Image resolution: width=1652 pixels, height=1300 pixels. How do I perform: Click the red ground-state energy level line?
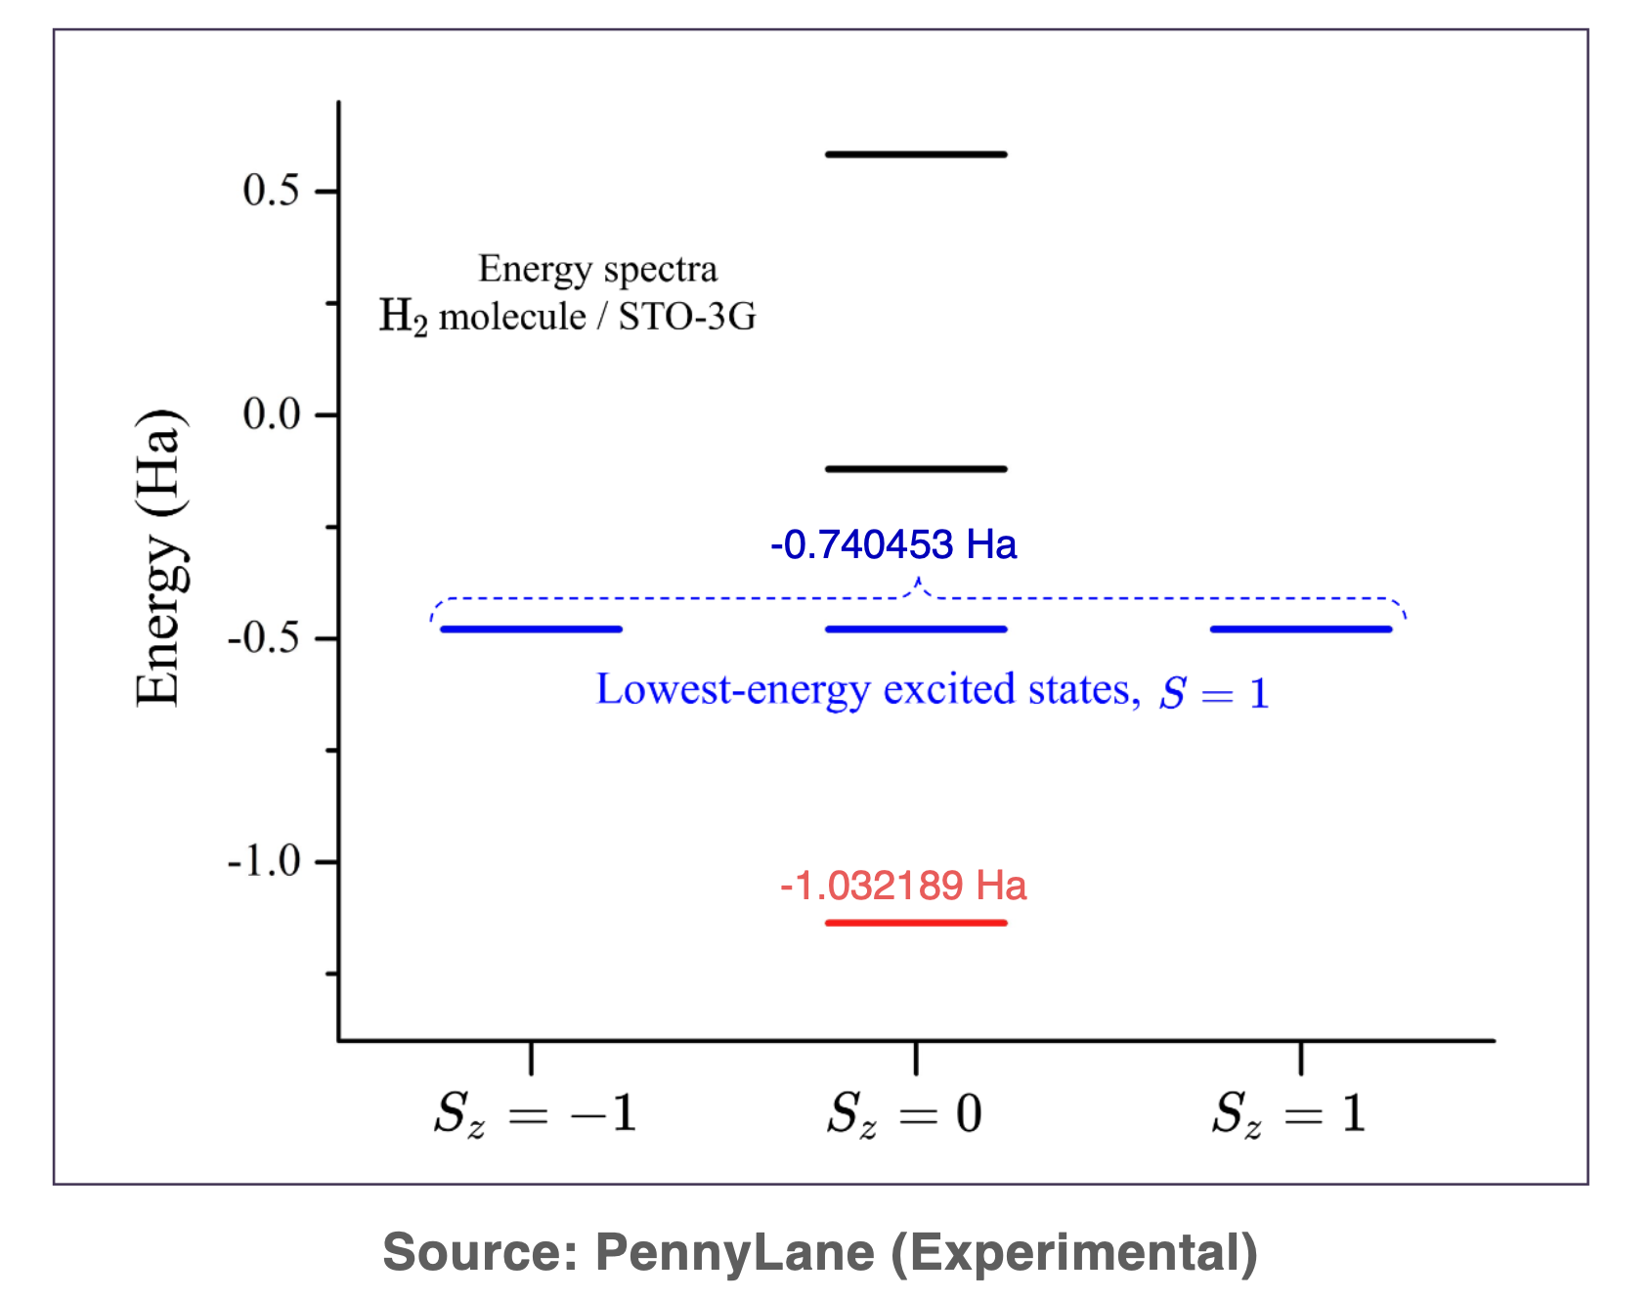(916, 922)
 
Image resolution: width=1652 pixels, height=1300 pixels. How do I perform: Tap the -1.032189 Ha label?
(903, 886)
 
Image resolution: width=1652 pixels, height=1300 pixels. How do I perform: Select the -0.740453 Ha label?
(893, 544)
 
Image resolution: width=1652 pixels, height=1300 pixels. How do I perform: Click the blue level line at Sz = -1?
(531, 628)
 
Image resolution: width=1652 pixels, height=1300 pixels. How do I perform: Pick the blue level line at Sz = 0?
(916, 628)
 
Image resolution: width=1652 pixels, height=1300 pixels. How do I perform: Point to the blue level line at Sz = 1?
(1300, 628)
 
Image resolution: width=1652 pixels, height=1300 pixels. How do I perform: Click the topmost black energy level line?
(916, 154)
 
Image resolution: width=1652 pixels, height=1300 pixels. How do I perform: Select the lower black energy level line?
(916, 469)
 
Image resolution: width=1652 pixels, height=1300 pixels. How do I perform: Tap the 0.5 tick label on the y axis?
(272, 191)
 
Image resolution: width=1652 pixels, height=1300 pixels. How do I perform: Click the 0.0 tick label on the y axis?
(272, 414)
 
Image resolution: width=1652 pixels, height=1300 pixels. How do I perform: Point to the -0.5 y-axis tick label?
(264, 638)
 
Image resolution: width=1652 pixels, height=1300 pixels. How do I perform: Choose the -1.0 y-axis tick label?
(264, 862)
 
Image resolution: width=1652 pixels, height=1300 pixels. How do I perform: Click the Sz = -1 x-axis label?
(535, 1113)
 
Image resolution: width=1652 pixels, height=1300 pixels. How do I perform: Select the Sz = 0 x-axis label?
(904, 1113)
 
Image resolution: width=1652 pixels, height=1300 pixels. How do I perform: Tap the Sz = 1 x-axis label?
(1288, 1113)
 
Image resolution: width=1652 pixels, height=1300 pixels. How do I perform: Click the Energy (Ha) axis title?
(158, 557)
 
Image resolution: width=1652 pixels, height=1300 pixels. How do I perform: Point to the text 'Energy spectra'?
(597, 269)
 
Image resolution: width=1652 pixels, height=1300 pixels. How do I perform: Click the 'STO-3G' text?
(687, 317)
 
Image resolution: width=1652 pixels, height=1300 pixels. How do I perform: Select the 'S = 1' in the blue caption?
(1214, 693)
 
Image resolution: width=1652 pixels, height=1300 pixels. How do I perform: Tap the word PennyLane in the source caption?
(735, 1252)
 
